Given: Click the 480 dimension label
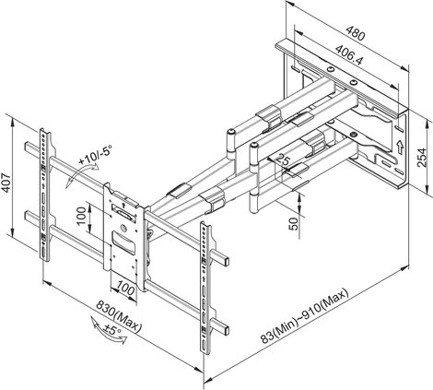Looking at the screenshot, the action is (x=356, y=33).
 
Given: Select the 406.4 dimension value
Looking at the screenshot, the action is (x=349, y=54).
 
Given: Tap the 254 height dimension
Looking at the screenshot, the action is (x=422, y=158).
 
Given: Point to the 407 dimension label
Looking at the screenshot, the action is (x=6, y=183).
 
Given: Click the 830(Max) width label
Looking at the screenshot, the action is (x=119, y=316).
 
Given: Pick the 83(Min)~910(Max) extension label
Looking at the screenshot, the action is (x=305, y=315).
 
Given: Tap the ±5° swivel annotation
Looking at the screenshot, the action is (x=112, y=330).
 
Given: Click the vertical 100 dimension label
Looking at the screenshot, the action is (x=81, y=216).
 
